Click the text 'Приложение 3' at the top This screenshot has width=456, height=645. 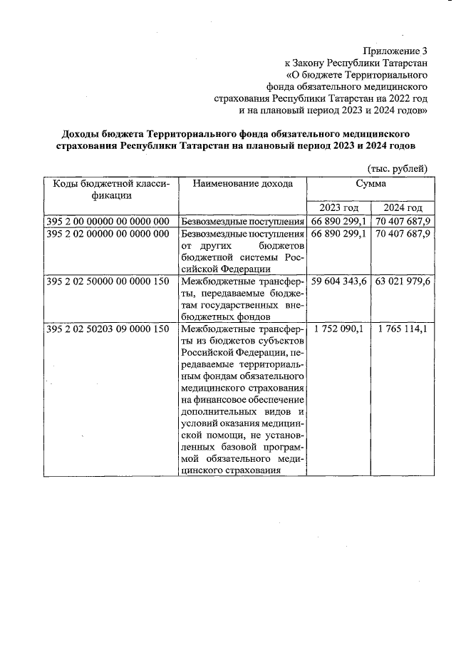click(x=395, y=51)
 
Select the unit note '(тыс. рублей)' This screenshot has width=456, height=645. click(x=398, y=168)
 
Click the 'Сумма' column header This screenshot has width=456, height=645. click(x=370, y=184)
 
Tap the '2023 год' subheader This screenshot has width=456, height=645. click(x=338, y=207)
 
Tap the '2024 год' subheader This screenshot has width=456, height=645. click(x=403, y=207)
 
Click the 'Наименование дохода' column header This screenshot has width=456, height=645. click(x=242, y=184)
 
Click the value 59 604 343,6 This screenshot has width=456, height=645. click(x=338, y=282)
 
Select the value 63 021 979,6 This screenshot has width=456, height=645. click(x=403, y=282)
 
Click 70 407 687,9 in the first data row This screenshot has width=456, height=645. click(x=403, y=221)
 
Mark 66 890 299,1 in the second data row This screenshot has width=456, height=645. click(x=338, y=234)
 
